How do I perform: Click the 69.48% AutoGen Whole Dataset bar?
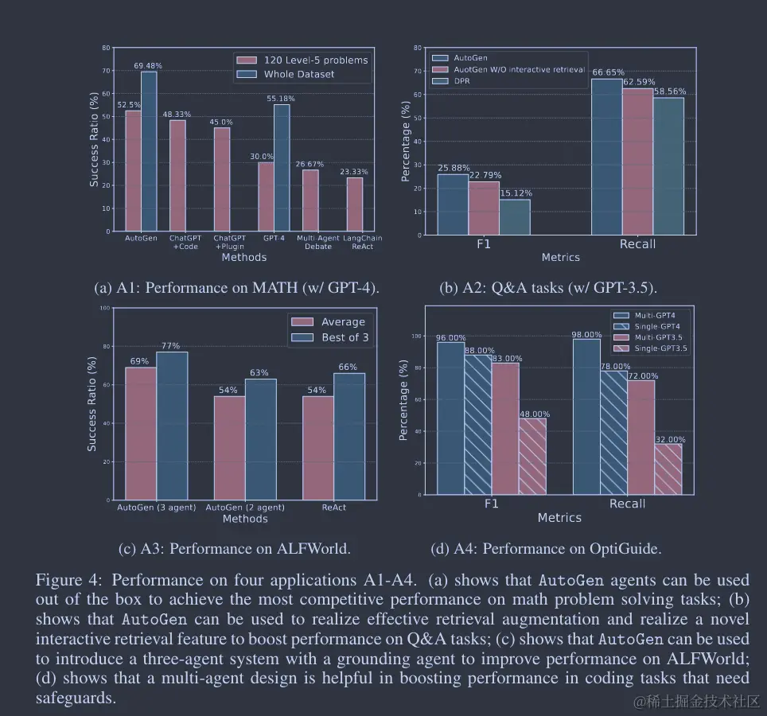(x=149, y=151)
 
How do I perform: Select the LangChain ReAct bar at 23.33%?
(x=354, y=204)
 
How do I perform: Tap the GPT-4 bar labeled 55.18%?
(x=282, y=168)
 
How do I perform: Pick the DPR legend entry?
(x=462, y=81)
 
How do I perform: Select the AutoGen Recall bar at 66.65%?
(x=606, y=157)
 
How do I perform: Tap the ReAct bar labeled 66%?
(x=348, y=437)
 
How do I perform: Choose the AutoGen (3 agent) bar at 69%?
(x=141, y=434)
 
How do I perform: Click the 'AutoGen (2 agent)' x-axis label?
(x=245, y=508)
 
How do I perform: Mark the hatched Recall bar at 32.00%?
(x=668, y=469)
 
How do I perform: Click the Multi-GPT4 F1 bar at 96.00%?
(x=450, y=418)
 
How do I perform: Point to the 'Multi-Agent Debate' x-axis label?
(x=318, y=242)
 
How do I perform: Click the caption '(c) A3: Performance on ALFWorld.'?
(x=234, y=548)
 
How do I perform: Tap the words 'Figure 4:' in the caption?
(x=64, y=580)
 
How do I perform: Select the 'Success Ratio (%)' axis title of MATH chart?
(x=94, y=140)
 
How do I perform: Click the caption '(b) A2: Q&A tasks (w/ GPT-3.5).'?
(x=548, y=287)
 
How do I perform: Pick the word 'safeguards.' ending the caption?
(x=76, y=698)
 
